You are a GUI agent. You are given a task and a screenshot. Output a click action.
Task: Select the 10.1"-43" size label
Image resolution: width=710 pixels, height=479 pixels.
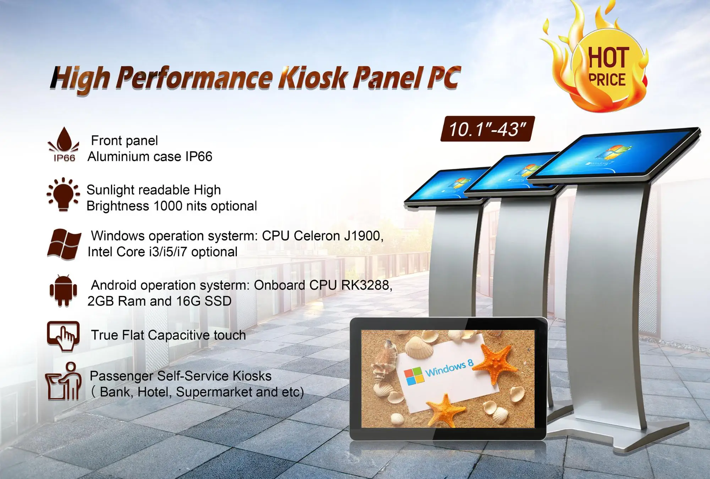point(487,129)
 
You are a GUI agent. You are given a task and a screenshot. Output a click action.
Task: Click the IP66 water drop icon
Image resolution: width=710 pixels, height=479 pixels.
point(64,144)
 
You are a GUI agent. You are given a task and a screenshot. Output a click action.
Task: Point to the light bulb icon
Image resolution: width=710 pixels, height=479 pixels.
point(63,194)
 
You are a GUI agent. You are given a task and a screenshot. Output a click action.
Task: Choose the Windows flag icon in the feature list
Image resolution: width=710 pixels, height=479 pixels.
point(64,244)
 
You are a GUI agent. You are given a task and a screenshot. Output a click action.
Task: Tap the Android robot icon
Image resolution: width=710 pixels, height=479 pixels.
point(64,291)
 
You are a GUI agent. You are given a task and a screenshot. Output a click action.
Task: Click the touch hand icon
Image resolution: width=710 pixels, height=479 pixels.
point(64,336)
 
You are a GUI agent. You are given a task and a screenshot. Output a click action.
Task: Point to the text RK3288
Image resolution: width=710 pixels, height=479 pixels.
point(366,285)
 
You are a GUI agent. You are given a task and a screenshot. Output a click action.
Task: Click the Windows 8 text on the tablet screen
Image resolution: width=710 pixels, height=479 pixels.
point(449,368)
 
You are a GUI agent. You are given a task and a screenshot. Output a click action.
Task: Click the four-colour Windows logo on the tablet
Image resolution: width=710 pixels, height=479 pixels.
point(414,376)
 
